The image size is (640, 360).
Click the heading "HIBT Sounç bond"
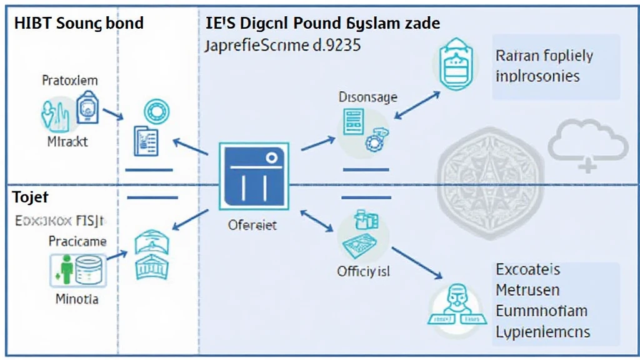click(x=79, y=24)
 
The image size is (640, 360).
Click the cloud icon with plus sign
click(x=587, y=145)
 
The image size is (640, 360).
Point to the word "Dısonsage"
click(x=367, y=97)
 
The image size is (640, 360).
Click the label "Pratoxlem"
click(x=69, y=81)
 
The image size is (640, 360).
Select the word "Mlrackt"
click(x=67, y=142)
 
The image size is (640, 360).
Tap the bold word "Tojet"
click(x=31, y=197)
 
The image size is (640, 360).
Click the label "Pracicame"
click(x=77, y=241)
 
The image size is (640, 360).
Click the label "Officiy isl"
click(x=364, y=272)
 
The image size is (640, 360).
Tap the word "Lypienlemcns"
click(x=543, y=331)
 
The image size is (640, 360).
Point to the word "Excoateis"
click(x=527, y=270)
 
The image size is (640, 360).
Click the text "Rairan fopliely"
click(x=544, y=56)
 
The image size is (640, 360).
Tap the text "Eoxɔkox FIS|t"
click(x=60, y=221)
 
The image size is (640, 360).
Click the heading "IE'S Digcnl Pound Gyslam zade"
click(x=322, y=24)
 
